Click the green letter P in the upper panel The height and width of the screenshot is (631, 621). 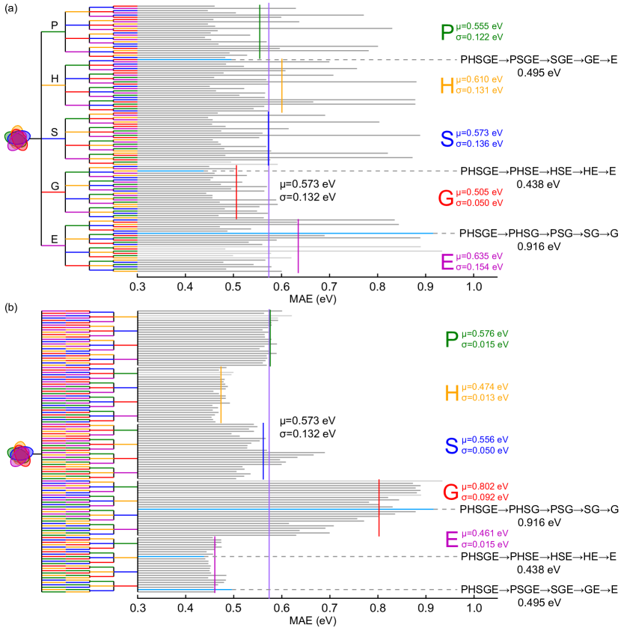[447, 32]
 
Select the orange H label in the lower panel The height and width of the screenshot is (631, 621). [451, 393]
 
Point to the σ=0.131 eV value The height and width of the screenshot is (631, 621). [480, 90]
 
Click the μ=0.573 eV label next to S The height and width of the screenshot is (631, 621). [480, 132]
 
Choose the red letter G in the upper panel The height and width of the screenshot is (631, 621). [446, 198]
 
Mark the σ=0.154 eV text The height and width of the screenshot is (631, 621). [480, 266]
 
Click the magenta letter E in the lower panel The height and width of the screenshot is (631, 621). [451, 540]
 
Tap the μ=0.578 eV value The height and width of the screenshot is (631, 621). [485, 333]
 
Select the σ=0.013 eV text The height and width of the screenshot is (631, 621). [485, 397]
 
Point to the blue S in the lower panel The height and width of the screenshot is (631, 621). [451, 446]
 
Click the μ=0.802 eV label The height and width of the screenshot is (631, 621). [485, 486]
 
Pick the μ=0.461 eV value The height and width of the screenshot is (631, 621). [485, 533]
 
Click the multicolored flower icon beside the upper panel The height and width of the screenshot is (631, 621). [17, 138]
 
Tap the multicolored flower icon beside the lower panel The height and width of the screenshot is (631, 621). [20, 454]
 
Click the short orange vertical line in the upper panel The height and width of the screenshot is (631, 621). [281, 86]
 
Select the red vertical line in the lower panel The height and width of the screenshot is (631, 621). [379, 507]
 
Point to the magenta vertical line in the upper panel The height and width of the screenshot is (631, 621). [298, 246]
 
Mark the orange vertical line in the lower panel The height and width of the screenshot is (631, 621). [221, 394]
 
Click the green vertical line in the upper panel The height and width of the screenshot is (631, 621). [260, 31]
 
